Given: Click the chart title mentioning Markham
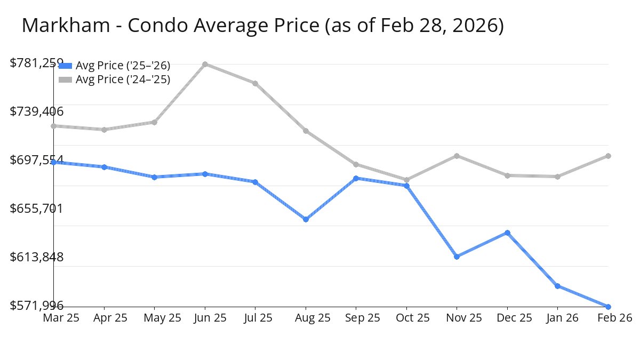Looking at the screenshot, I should [x=262, y=26].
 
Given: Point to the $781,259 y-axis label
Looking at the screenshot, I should [x=36, y=63].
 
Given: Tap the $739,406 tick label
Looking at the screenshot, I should [x=36, y=111].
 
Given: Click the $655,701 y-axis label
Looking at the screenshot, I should [x=36, y=209].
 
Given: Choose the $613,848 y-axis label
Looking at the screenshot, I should [x=36, y=257].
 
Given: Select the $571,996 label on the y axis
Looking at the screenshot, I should [x=36, y=306].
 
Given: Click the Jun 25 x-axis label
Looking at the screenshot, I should [x=205, y=318].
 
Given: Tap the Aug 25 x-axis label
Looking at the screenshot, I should [x=306, y=318].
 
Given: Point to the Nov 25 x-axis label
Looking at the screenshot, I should [x=457, y=318].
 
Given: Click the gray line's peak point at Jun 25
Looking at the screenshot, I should [x=205, y=64].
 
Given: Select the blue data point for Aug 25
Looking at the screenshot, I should [x=306, y=219].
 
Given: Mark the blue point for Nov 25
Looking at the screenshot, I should [x=457, y=257].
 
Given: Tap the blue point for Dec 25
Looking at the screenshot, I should [x=507, y=233].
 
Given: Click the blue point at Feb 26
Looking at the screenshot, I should [x=608, y=307].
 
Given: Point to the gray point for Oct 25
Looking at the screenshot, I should [x=406, y=180].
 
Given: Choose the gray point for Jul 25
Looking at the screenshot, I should [x=255, y=83].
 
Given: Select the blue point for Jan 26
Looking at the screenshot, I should [x=558, y=286].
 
